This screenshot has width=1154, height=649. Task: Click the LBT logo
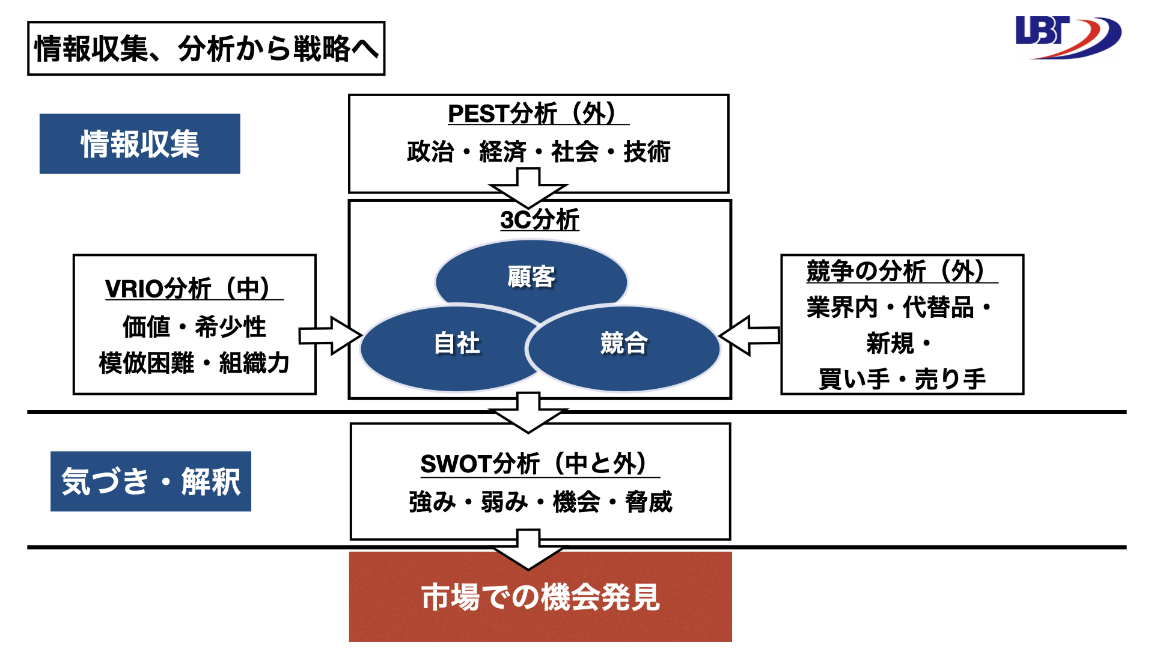tap(1068, 38)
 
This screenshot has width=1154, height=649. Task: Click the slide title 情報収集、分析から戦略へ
tap(206, 49)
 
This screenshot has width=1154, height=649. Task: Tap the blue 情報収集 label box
tap(140, 144)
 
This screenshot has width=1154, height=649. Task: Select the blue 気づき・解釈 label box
tap(151, 481)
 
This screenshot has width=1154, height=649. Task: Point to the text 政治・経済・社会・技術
tap(539, 151)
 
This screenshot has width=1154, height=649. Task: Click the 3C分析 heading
tap(540, 219)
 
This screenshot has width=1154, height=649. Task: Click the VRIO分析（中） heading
tap(194, 288)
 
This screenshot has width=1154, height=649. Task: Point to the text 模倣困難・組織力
tap(194, 363)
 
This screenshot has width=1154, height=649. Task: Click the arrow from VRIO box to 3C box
tap(330, 335)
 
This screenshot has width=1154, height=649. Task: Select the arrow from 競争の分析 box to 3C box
tap(749, 335)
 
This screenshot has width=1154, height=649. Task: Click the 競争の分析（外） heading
tap(902, 271)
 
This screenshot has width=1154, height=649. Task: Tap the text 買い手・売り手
tap(902, 379)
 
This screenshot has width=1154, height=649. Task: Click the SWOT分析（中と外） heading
tap(540, 464)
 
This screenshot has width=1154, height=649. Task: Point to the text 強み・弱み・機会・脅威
tap(540, 502)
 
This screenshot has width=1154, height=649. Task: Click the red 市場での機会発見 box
tap(540, 597)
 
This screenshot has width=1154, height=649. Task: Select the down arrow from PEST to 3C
tap(528, 188)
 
